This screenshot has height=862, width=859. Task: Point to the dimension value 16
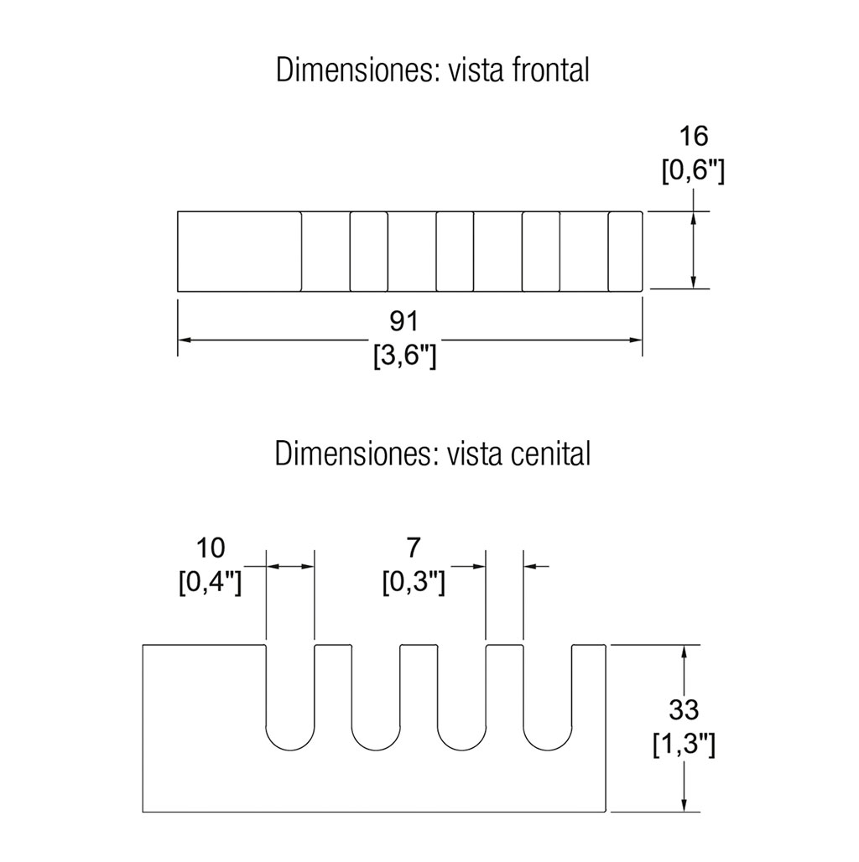click(x=693, y=136)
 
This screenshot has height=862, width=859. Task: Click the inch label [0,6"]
click(x=693, y=172)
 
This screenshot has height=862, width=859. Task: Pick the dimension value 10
click(x=211, y=548)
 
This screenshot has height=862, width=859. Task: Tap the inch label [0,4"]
click(x=211, y=582)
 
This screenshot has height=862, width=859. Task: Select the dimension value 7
click(x=412, y=548)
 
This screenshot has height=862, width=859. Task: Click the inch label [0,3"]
click(x=412, y=582)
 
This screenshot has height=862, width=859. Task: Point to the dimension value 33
click(x=684, y=709)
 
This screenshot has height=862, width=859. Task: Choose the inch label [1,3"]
click(x=684, y=745)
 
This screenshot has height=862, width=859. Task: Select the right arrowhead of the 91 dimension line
click(x=636, y=340)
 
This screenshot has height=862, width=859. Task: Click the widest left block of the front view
click(x=240, y=252)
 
